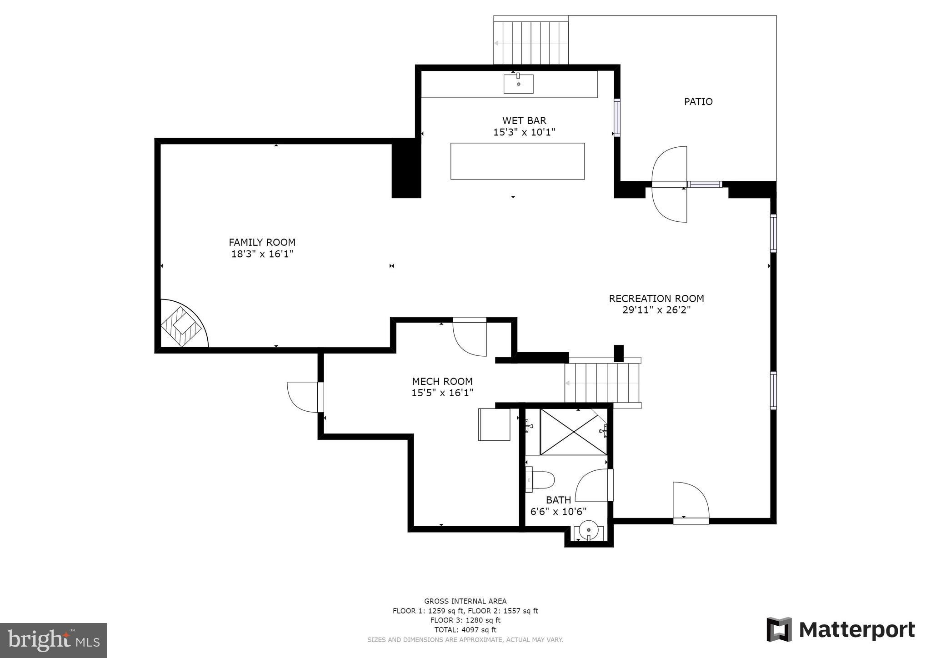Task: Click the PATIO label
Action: [698, 102]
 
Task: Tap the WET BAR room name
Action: [524, 120]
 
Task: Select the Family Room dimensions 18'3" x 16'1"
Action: [262, 254]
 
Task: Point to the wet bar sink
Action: [518, 84]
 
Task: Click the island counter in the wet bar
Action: [517, 161]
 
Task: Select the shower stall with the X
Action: [574, 432]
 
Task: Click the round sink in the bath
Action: [588, 530]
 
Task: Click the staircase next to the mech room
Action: [602, 383]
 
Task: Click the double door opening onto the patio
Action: [670, 184]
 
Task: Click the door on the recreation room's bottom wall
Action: [691, 502]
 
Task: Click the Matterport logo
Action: [841, 630]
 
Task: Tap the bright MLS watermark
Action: [53, 640]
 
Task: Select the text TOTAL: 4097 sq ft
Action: [465, 630]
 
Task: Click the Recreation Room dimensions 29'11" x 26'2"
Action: [656, 310]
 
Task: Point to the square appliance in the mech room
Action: [494, 424]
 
